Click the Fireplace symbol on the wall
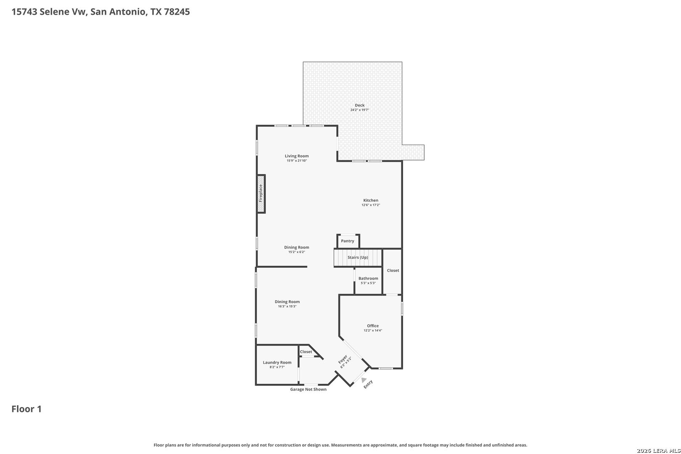[261, 194]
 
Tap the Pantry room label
[348, 241]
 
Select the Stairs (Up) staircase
[358, 258]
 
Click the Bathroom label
[368, 278]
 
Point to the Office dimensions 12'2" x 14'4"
[373, 330]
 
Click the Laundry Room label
[277, 362]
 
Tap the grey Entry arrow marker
[364, 380]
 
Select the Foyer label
[343, 359]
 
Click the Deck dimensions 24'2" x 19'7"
[360, 110]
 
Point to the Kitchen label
[371, 200]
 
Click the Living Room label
[297, 156]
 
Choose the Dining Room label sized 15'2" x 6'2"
[297, 247]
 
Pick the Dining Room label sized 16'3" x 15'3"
[287, 302]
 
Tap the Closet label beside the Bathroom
[393, 270]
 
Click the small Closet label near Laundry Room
[306, 351]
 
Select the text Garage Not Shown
[308, 389]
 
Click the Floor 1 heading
[26, 409]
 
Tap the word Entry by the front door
[368, 384]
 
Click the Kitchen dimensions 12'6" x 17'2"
[371, 205]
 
